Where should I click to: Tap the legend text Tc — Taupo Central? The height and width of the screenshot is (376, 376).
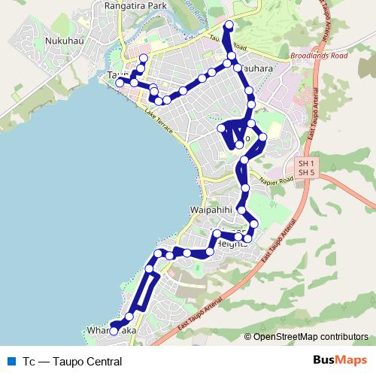(71, 362)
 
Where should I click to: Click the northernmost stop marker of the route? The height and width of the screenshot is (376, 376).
(229, 26)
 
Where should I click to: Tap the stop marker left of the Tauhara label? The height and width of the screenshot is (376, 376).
(238, 68)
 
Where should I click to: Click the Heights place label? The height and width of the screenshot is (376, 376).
(231, 244)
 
